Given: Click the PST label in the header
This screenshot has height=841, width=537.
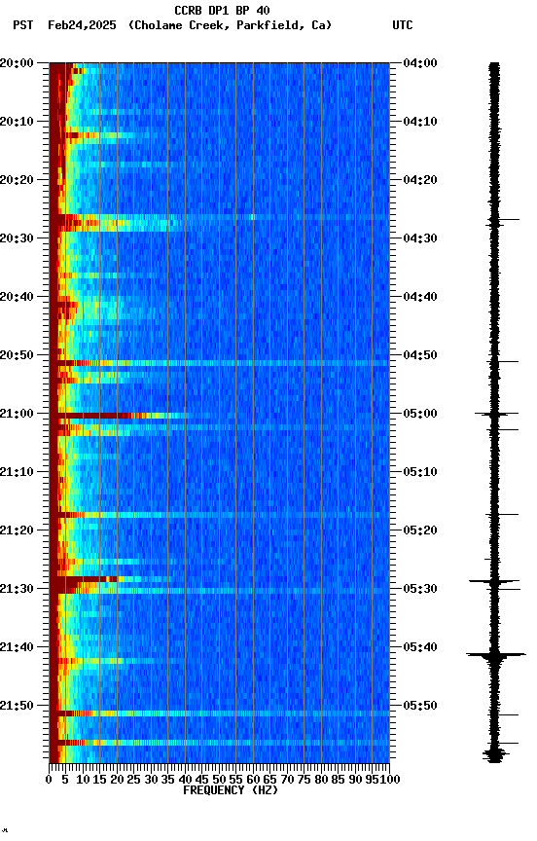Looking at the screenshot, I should (x=23, y=25).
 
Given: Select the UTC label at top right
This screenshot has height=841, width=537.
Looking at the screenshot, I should (x=403, y=25).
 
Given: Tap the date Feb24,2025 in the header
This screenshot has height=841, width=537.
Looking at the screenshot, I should (x=81, y=25).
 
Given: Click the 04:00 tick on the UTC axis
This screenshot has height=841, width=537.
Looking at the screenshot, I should (x=419, y=63).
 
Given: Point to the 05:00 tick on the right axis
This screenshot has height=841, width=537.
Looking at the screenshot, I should (x=419, y=414).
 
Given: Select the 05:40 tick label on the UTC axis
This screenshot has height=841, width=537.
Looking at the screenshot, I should (x=419, y=647).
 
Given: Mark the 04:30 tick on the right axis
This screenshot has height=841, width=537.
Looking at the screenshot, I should (x=419, y=238).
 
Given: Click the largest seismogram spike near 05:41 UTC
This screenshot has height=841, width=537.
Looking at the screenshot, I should (x=495, y=655).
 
